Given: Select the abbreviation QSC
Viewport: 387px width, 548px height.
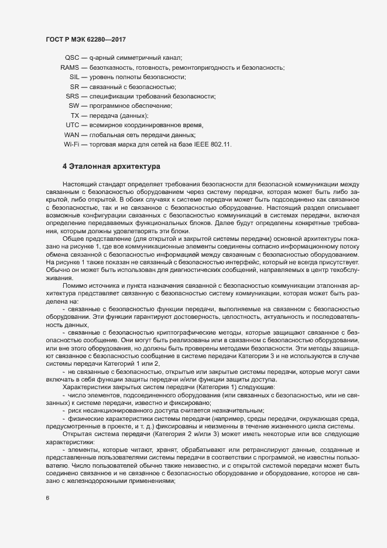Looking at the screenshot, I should click(x=71, y=57).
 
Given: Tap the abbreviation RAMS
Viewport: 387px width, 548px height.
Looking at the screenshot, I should click(x=70, y=67).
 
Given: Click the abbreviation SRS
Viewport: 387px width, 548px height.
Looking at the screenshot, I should click(x=73, y=96).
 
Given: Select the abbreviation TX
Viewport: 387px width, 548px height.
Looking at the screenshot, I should click(x=75, y=115).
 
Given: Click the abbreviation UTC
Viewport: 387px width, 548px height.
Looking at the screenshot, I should click(x=72, y=125).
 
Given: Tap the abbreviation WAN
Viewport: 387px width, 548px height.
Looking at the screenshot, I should click(x=71, y=135).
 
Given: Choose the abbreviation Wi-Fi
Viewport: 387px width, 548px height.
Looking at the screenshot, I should click(x=71, y=144).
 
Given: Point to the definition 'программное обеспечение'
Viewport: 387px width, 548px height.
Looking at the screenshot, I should click(x=123, y=105).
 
